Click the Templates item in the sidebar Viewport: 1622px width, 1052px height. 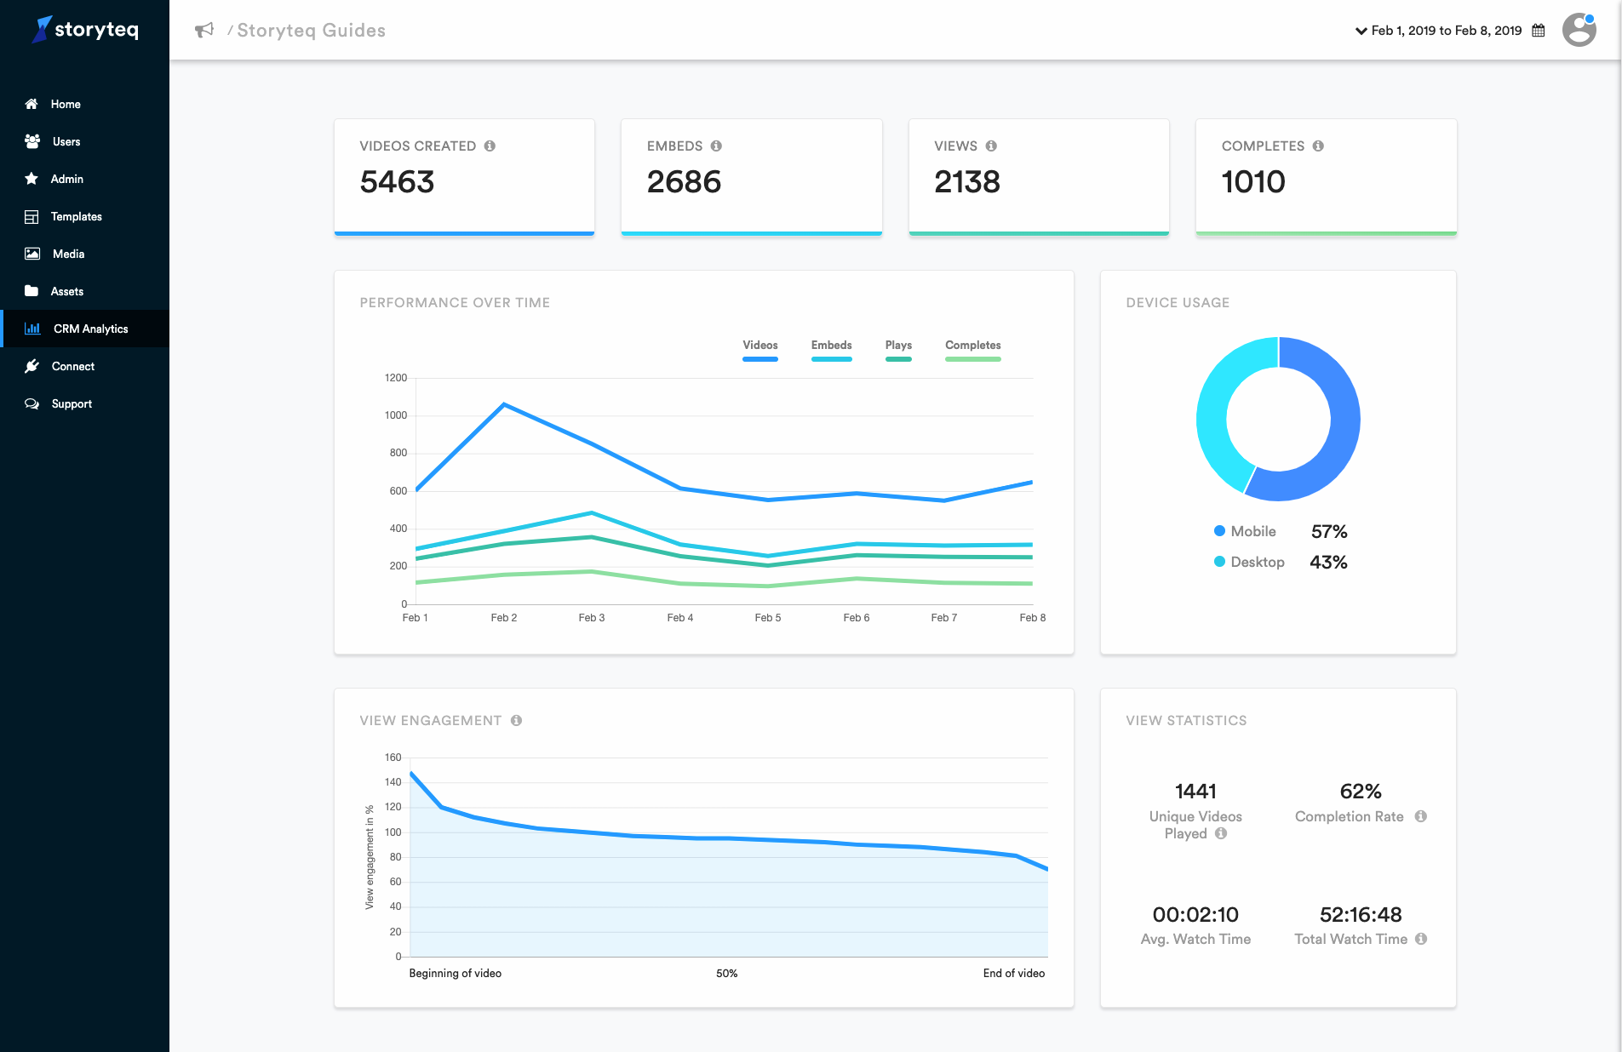click(76, 217)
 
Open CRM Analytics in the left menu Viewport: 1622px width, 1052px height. click(90, 329)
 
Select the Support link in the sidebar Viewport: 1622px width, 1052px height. click(72, 404)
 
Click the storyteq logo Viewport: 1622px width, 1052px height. click(86, 30)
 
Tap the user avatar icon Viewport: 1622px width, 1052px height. click(1579, 31)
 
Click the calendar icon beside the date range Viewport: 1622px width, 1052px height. click(1539, 31)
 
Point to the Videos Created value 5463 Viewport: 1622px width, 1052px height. click(397, 182)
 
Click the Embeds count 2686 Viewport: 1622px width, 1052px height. click(684, 182)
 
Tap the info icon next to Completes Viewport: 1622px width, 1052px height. click(1318, 146)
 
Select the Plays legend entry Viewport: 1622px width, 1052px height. click(898, 346)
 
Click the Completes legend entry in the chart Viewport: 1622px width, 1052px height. click(972, 346)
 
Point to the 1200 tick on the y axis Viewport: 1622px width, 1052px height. click(396, 378)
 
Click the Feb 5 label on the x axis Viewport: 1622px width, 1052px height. click(767, 618)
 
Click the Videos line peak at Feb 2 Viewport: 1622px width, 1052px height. click(504, 404)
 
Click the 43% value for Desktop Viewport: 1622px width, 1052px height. click(1328, 563)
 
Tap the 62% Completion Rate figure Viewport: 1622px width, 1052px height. click(1360, 792)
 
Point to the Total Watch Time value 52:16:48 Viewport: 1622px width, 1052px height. click(1360, 915)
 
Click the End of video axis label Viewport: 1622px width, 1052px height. click(1013, 974)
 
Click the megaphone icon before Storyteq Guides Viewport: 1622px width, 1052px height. click(204, 31)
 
